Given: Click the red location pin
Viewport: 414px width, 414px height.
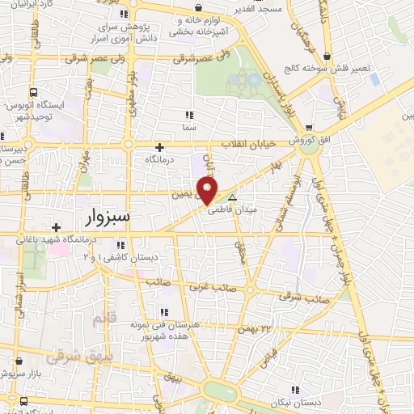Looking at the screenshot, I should pyautogui.click(x=208, y=191).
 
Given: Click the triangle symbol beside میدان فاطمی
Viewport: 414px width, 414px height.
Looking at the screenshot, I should pyautogui.click(x=233, y=196).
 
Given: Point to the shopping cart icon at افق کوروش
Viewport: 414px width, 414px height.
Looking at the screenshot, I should pyautogui.click(x=308, y=128).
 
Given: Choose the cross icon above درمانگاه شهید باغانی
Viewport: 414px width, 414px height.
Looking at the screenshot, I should pyautogui.click(x=56, y=226).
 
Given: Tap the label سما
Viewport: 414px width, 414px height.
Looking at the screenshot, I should pyautogui.click(x=190, y=128).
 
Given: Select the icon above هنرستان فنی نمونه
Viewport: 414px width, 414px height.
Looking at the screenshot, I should pyautogui.click(x=164, y=312).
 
